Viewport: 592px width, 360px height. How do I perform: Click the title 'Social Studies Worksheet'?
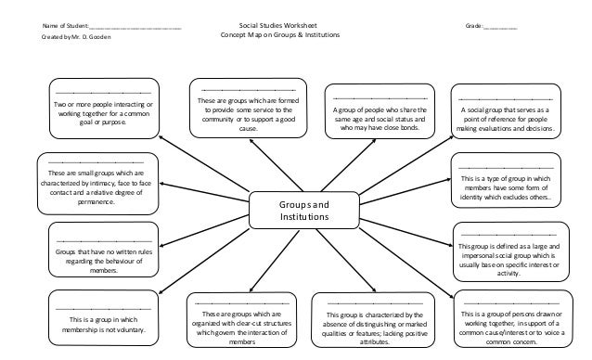click(279, 28)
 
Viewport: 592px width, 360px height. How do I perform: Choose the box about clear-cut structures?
click(240, 321)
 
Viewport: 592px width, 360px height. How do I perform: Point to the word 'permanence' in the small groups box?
click(97, 200)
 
